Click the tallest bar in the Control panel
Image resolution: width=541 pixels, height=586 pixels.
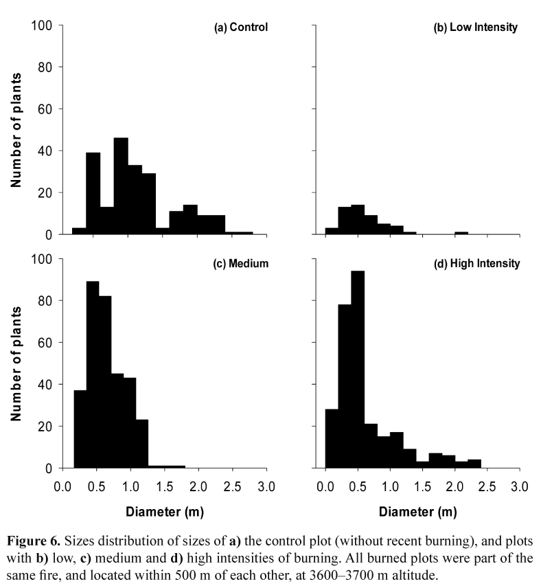click(121, 186)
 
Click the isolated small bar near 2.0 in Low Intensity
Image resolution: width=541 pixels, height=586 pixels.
click(461, 233)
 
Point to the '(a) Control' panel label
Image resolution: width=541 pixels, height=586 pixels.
click(240, 27)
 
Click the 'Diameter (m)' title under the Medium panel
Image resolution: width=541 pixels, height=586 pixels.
click(164, 512)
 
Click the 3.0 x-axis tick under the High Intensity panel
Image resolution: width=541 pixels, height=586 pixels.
click(520, 487)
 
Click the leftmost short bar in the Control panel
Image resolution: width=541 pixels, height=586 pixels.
click(79, 231)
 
